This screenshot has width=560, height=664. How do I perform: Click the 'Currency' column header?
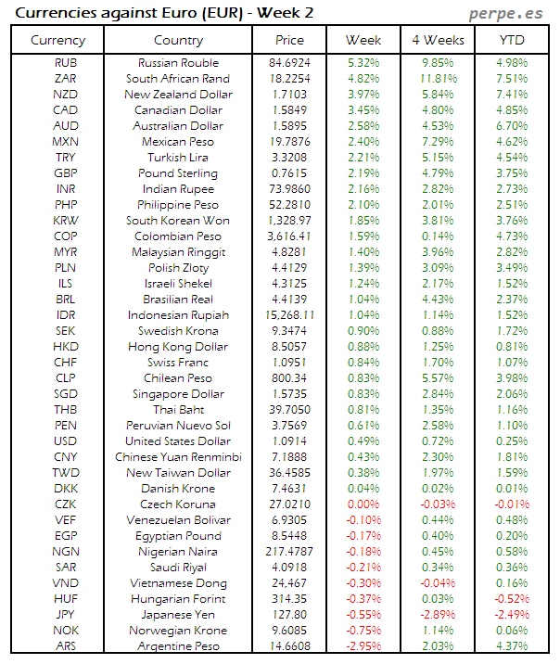coord(57,40)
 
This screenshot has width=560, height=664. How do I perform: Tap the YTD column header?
coord(511,40)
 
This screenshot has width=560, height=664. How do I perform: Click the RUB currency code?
coord(66,63)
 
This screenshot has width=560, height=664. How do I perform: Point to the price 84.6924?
coord(289,63)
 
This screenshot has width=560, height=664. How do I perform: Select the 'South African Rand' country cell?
coord(178,79)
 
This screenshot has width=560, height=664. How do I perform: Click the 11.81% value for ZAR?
coord(438,79)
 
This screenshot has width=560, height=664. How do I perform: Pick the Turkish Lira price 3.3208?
coord(289,158)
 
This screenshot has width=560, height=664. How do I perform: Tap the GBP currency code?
coord(66,173)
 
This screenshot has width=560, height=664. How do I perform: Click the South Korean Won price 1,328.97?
coord(289,221)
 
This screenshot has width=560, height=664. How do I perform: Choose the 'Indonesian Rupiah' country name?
coord(178,315)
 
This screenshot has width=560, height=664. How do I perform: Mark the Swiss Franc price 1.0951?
coord(289,363)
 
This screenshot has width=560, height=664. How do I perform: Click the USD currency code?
coord(66,441)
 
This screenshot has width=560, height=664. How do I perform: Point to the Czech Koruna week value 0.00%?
coord(363,504)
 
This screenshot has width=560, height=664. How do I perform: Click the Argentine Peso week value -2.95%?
coord(363,646)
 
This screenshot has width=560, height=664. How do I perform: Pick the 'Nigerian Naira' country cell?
coord(178,552)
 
